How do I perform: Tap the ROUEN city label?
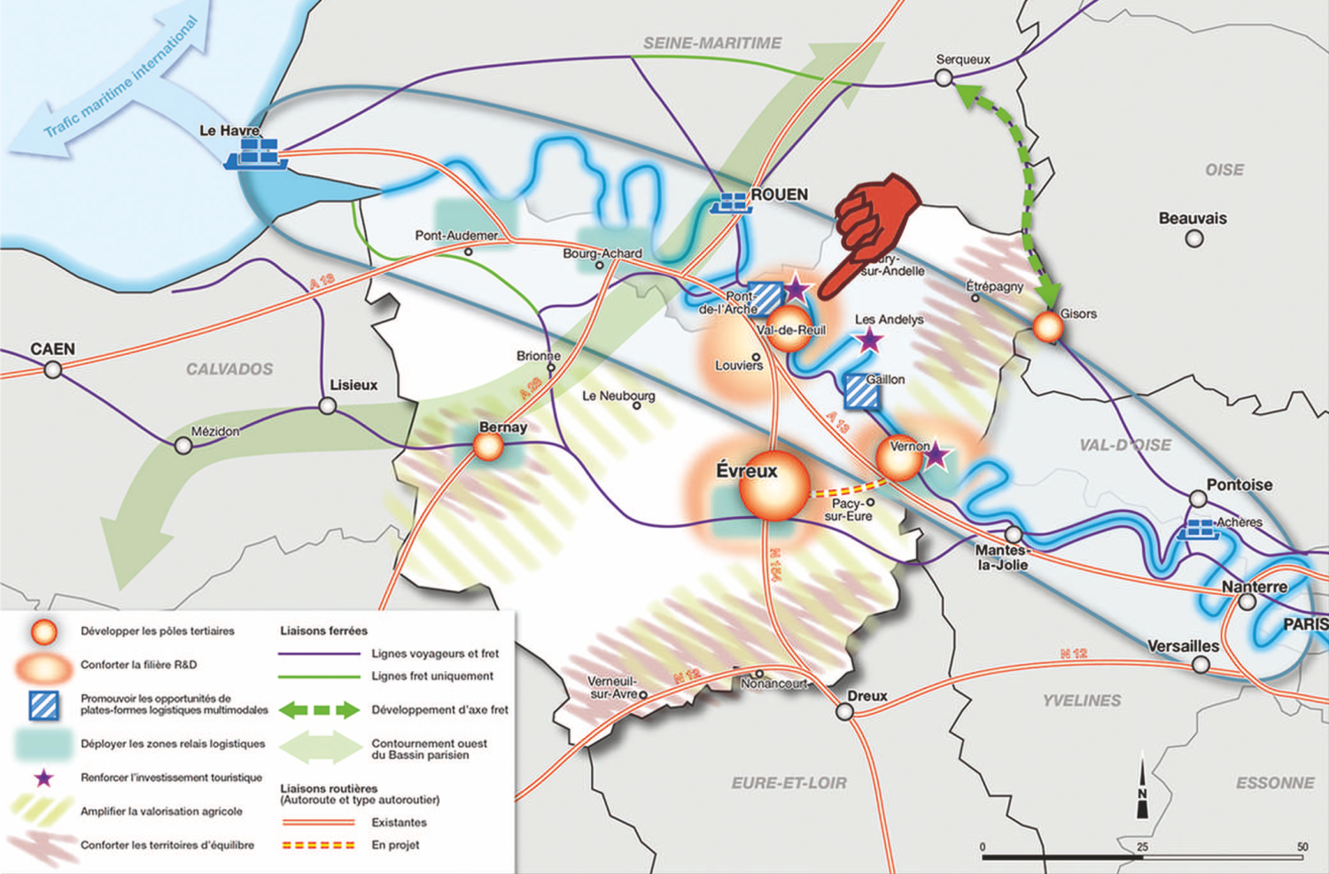click(779, 195)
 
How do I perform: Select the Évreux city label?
click(747, 471)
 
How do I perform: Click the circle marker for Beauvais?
click(1194, 238)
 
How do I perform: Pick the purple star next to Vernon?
click(936, 455)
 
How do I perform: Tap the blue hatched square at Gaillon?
click(861, 392)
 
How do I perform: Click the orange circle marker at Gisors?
click(1048, 328)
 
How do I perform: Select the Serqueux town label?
click(963, 59)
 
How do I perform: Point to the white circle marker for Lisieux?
click(328, 406)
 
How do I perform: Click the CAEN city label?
click(53, 349)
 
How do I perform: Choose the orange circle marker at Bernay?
click(488, 447)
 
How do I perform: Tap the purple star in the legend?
click(43, 777)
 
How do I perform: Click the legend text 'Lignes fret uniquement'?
click(432, 676)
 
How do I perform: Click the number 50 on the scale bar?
click(1302, 847)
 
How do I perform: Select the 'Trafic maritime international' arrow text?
click(121, 78)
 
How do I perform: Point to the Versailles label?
click(1183, 646)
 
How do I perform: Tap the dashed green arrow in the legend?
click(319, 710)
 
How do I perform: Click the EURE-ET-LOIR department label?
click(789, 783)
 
